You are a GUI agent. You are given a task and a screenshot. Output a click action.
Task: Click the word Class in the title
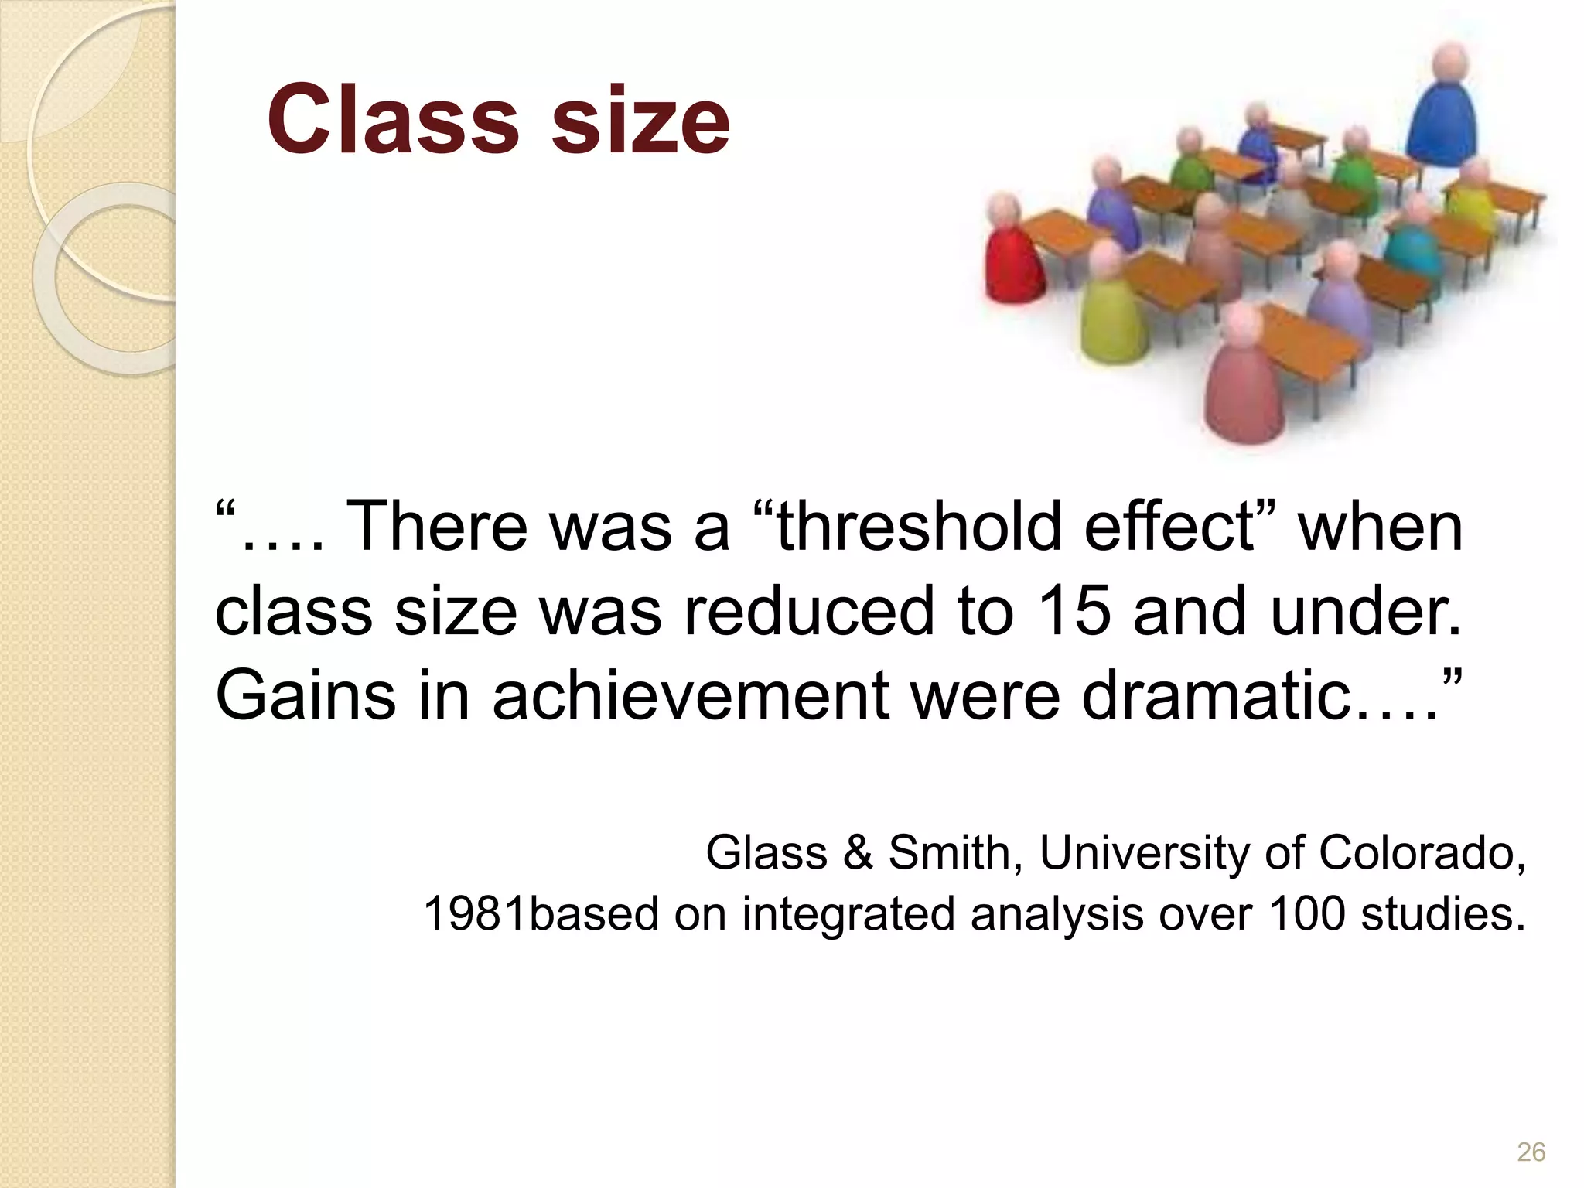click(393, 120)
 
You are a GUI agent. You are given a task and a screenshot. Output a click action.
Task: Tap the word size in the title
click(640, 120)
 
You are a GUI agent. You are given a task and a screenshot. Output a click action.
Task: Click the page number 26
click(1531, 1152)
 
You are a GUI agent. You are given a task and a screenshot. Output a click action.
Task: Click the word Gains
click(304, 695)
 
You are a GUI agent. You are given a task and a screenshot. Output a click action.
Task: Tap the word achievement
click(690, 695)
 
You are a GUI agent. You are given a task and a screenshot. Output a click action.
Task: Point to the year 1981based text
click(539, 913)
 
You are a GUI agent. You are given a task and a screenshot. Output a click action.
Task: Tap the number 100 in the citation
click(1306, 913)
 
